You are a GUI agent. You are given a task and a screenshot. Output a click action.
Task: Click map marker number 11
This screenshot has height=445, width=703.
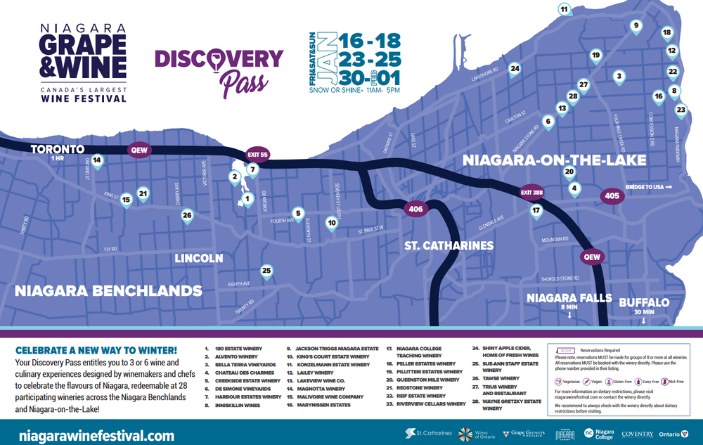(x=564, y=9)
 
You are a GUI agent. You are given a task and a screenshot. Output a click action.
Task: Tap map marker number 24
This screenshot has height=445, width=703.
(x=515, y=69)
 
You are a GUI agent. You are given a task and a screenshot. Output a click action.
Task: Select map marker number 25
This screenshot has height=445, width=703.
(x=266, y=271)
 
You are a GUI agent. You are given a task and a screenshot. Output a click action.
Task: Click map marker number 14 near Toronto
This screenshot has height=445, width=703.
(x=97, y=160)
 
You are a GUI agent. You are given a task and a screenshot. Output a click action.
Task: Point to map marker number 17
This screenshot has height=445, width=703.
(x=536, y=210)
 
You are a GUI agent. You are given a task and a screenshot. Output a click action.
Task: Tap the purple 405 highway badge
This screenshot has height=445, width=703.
(x=612, y=196)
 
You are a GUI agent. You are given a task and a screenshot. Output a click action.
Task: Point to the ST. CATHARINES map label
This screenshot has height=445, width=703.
(x=449, y=246)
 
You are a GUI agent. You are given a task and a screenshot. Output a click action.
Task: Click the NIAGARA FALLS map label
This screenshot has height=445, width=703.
(x=569, y=298)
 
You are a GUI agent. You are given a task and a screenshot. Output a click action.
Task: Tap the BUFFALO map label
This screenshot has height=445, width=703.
(x=643, y=302)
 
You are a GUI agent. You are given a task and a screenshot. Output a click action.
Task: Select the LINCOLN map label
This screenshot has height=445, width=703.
(x=199, y=258)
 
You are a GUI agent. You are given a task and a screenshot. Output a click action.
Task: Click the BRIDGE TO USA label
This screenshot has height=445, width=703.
(x=648, y=186)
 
